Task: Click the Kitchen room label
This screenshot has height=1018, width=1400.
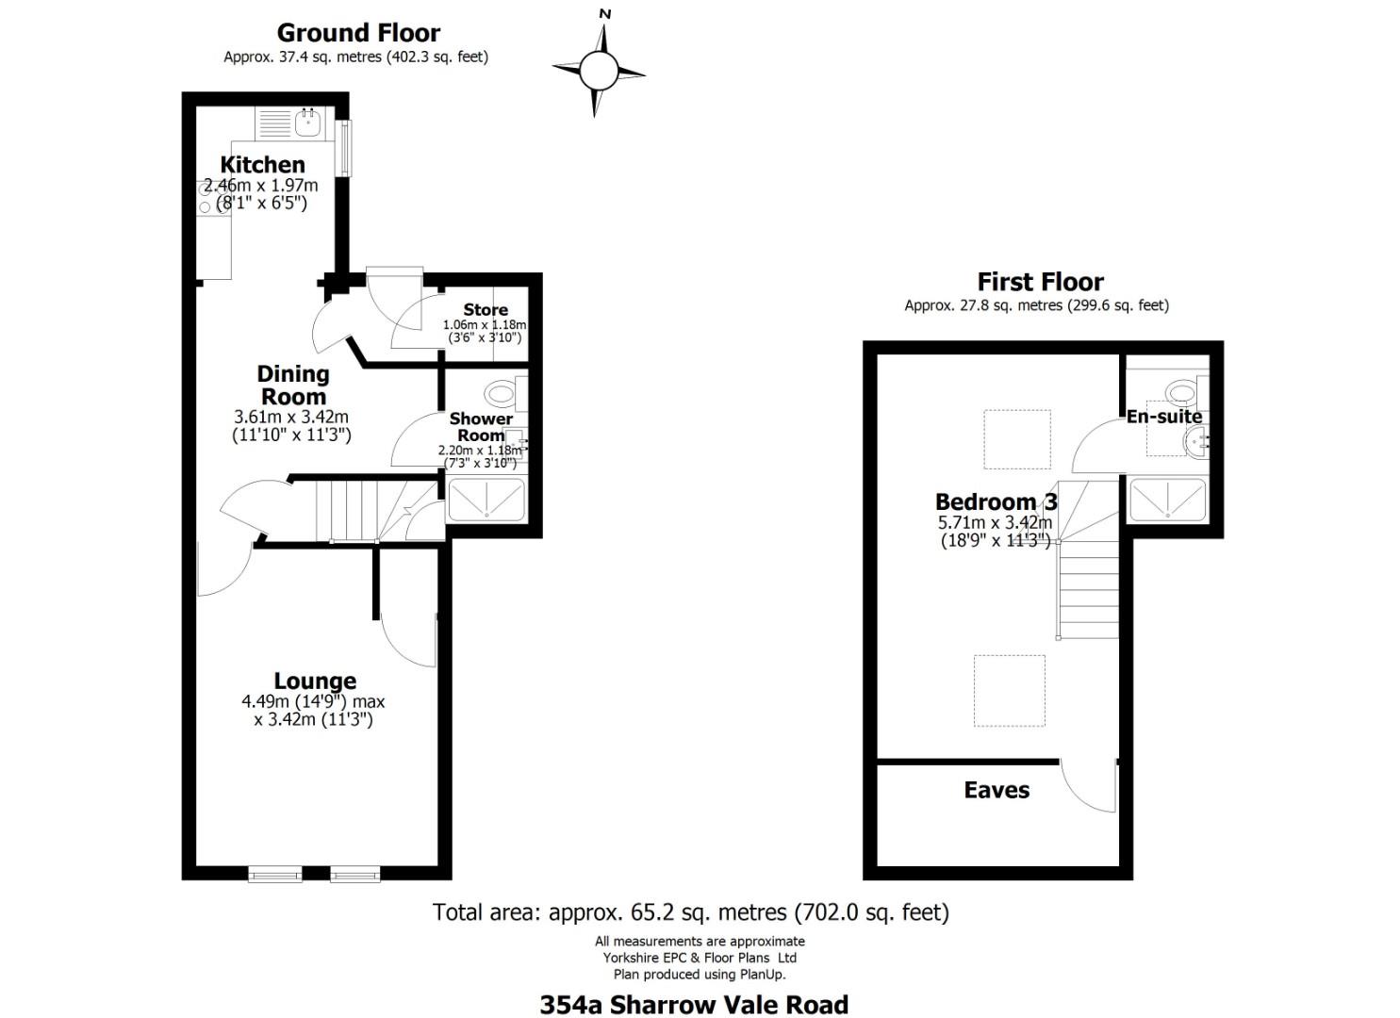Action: pyautogui.click(x=262, y=165)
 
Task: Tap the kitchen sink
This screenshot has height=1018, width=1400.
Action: pyautogui.click(x=308, y=123)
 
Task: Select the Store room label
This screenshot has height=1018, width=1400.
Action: pyautogui.click(x=486, y=309)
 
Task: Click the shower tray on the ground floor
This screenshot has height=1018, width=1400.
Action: pyautogui.click(x=486, y=500)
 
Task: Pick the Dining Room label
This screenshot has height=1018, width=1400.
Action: pyautogui.click(x=293, y=385)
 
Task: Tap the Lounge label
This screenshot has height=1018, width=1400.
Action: pyautogui.click(x=315, y=681)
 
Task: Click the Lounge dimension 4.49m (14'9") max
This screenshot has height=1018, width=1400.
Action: pyautogui.click(x=313, y=701)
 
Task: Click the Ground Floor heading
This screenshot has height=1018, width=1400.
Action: pyautogui.click(x=358, y=33)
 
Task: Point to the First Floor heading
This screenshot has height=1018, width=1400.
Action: pyautogui.click(x=1040, y=282)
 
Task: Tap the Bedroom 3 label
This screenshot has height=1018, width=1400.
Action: pyautogui.click(x=996, y=501)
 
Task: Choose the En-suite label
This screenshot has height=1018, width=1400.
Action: pyautogui.click(x=1164, y=416)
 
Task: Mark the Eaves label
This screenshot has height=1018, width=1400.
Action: pyautogui.click(x=996, y=790)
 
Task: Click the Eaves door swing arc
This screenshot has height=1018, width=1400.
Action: pyautogui.click(x=1084, y=787)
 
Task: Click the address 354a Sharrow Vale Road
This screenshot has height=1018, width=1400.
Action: pyautogui.click(x=694, y=1005)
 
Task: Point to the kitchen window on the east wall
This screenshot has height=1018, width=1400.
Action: pyautogui.click(x=345, y=148)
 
